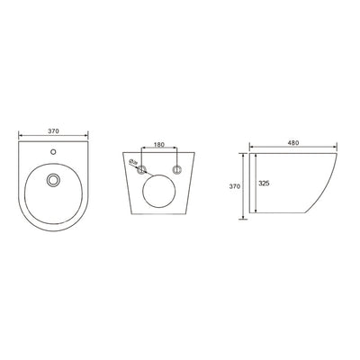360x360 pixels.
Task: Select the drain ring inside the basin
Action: coord(54,181)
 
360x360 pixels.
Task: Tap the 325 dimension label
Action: coord(265,184)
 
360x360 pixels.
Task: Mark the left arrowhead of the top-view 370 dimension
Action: coord(21,138)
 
